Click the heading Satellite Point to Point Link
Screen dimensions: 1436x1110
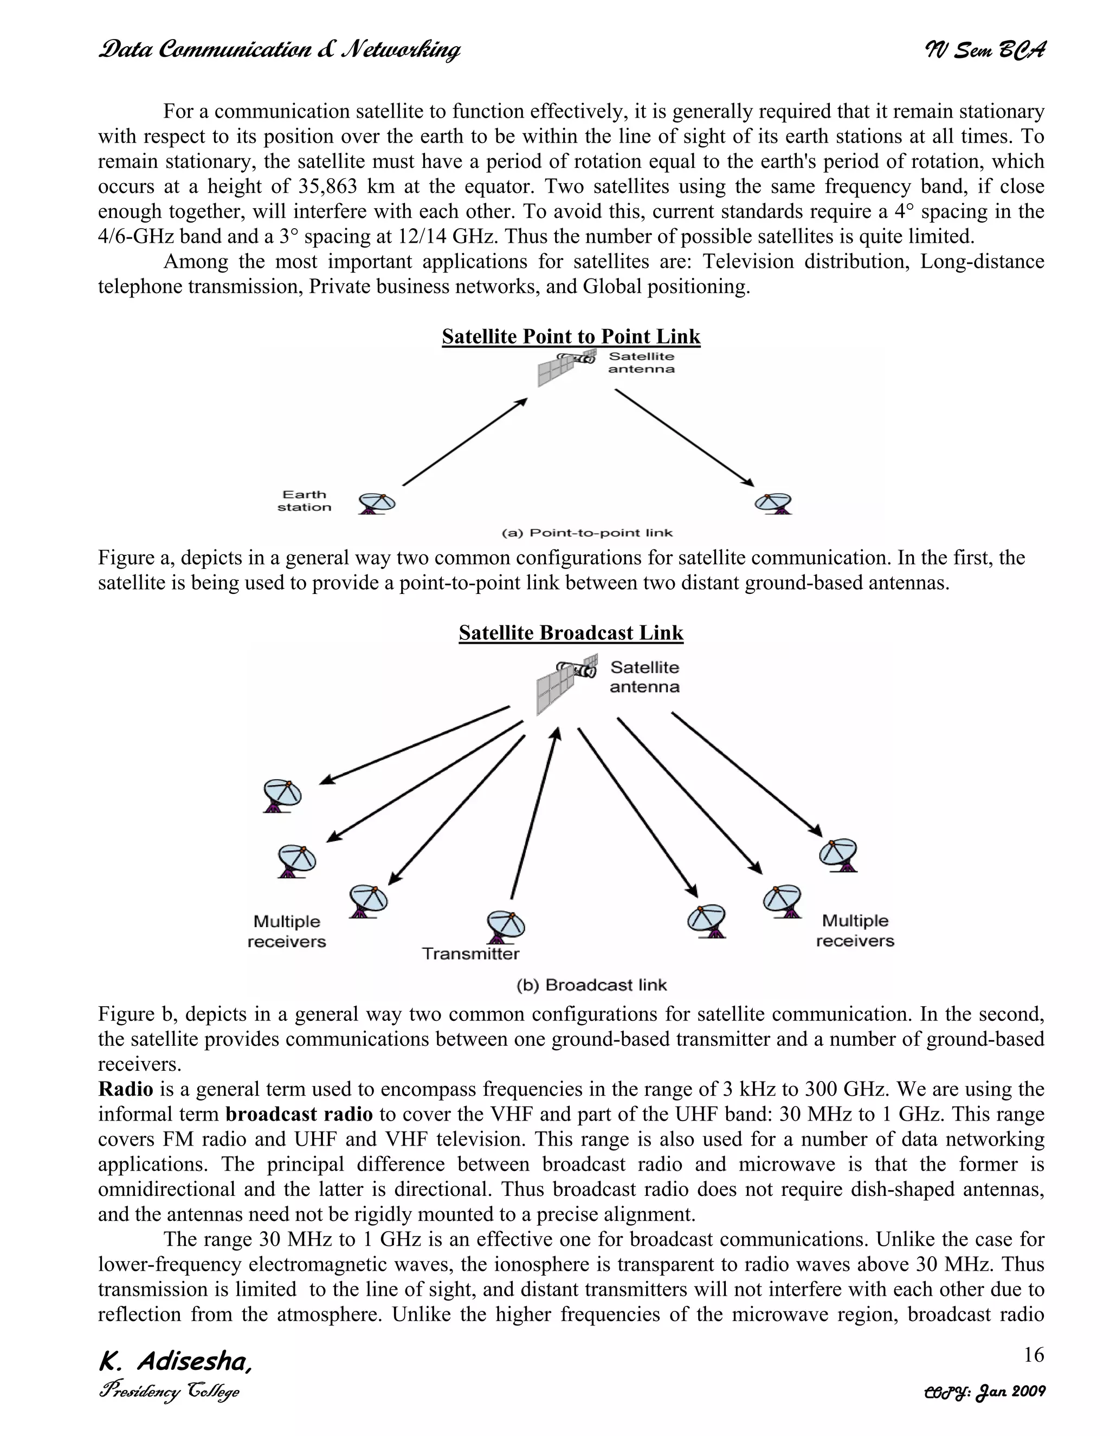pyautogui.click(x=571, y=337)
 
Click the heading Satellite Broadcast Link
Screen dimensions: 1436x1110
pyautogui.click(x=571, y=632)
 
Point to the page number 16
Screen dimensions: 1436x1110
pyautogui.click(x=1033, y=1355)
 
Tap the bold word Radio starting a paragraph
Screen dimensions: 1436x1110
pyautogui.click(x=125, y=1090)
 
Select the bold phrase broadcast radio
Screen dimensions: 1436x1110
pyautogui.click(x=299, y=1115)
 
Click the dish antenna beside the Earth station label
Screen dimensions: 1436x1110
pyautogui.click(x=377, y=503)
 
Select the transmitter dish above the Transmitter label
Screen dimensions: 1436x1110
pyautogui.click(x=505, y=927)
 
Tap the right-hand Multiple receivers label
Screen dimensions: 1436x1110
pyautogui.click(x=855, y=930)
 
